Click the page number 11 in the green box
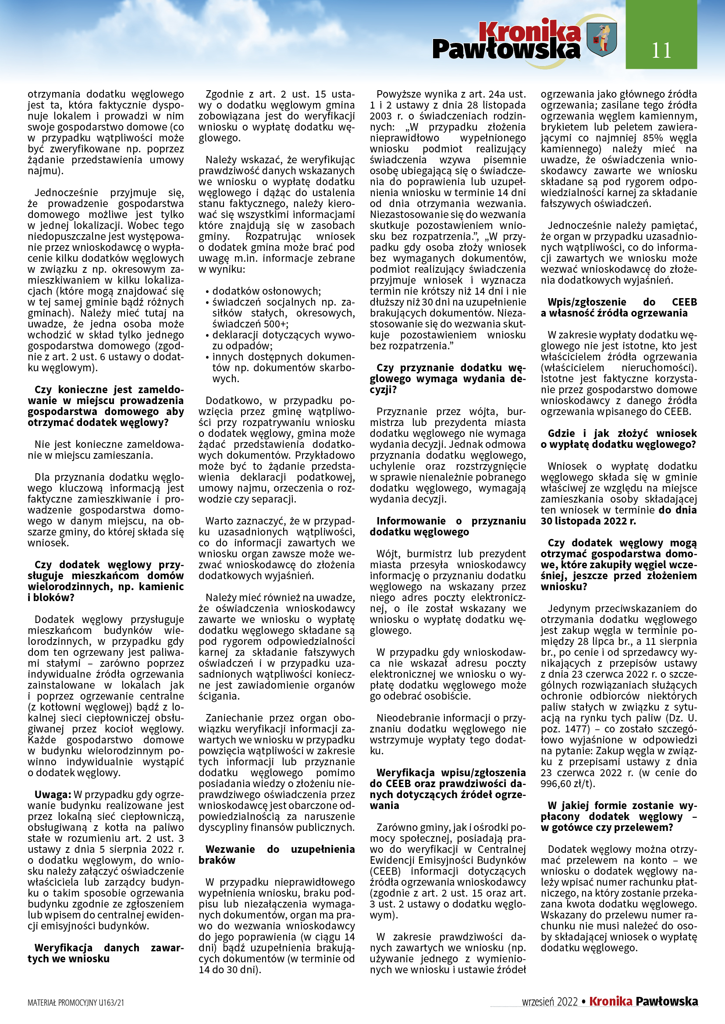pyautogui.click(x=661, y=50)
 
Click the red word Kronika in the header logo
pyautogui.click(x=530, y=31)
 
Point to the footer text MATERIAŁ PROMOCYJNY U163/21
pyautogui.click(x=76, y=1003)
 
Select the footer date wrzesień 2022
pyautogui.click(x=550, y=1002)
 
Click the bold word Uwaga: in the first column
pyautogui.click(x=53, y=794)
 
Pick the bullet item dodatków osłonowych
pyautogui.click(x=266, y=291)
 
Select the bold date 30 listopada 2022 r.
pyautogui.click(x=588, y=521)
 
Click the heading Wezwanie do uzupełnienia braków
pyautogui.click(x=277, y=855)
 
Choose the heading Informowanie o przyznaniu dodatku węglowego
pyautogui.click(x=448, y=526)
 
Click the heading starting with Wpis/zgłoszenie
pyautogui.click(x=619, y=307)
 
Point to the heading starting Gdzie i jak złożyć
pyautogui.click(x=619, y=439)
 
